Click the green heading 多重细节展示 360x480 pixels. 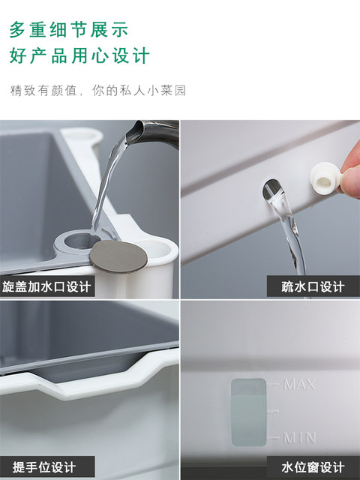coord(68,30)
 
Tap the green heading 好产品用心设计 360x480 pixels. coord(79,55)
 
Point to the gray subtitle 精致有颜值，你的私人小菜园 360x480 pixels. coord(98,91)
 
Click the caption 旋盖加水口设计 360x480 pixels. coord(46,286)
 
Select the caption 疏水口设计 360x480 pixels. coord(313,286)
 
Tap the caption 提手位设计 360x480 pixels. coord(44,467)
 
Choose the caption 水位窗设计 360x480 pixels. coord(313,467)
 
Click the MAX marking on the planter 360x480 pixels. coord(299,385)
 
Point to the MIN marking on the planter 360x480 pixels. coord(300,438)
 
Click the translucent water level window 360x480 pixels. coord(248,412)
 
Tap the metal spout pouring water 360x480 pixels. coord(153,133)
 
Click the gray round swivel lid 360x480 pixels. coord(118,256)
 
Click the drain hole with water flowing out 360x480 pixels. coord(272,190)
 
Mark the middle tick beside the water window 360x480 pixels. coord(272,411)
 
